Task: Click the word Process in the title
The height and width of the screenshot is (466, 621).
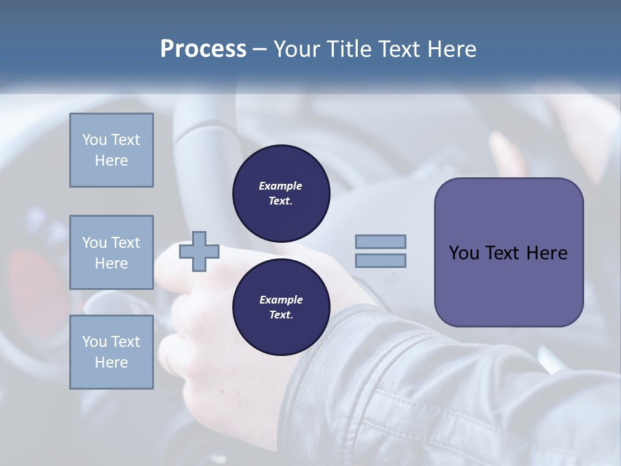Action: tap(203, 49)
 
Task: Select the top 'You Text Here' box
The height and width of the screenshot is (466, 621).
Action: tap(111, 150)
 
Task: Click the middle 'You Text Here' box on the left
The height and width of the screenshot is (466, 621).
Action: tap(111, 252)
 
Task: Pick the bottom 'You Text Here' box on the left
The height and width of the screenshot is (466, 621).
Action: tap(111, 351)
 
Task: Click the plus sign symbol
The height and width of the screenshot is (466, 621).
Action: tap(199, 251)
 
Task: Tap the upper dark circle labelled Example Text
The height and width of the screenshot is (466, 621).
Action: tap(281, 193)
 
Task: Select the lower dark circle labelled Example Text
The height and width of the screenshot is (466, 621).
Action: tap(281, 307)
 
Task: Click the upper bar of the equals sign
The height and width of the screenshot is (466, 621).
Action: tap(380, 241)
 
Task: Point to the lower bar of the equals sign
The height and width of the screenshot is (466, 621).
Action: tap(380, 260)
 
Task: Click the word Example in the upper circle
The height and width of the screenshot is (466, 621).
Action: tap(281, 186)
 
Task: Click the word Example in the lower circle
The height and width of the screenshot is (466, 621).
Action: tap(281, 300)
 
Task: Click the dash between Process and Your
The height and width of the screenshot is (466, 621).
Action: tap(259, 49)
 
